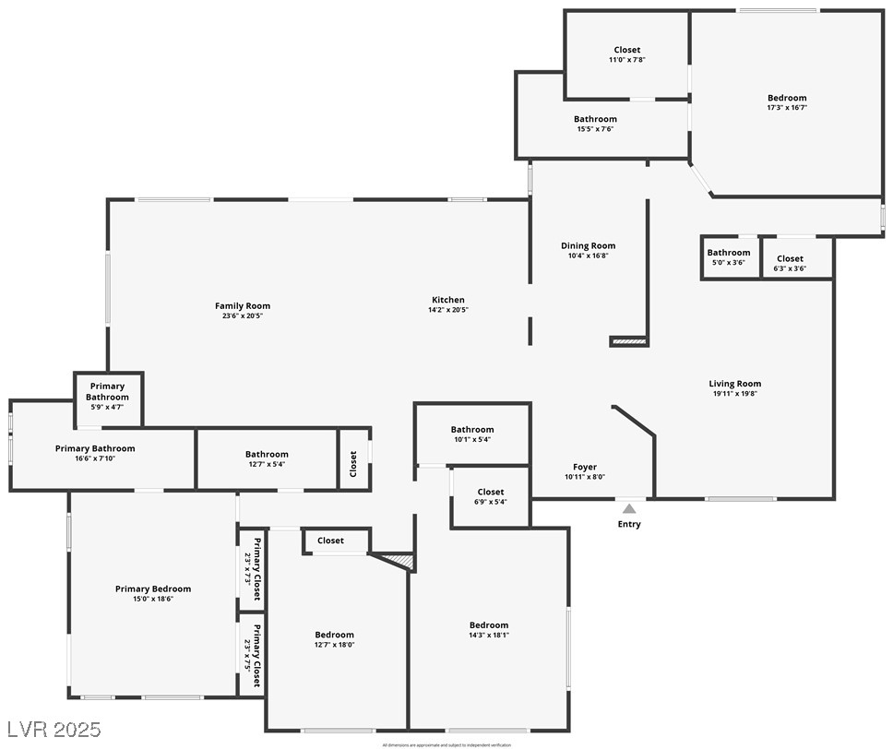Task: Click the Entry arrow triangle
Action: click(629, 508)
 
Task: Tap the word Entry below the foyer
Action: click(629, 525)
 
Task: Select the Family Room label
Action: click(243, 306)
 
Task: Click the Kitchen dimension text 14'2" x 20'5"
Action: click(448, 310)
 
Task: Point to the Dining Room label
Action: click(588, 246)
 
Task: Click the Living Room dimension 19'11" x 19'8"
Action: click(734, 394)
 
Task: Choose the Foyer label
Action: click(584, 468)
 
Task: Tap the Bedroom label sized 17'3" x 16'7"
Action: click(786, 98)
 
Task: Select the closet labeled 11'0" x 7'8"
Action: click(626, 54)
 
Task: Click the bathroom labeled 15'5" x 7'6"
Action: click(595, 124)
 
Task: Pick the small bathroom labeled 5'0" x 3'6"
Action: click(728, 257)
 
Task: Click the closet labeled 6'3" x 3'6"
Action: click(790, 264)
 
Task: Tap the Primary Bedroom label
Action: click(153, 588)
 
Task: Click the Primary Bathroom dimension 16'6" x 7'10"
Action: click(95, 458)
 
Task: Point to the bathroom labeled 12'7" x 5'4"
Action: click(267, 458)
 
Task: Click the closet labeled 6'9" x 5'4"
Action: click(490, 497)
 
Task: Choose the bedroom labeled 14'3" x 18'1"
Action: click(488, 630)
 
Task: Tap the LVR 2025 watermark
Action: click(53, 729)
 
